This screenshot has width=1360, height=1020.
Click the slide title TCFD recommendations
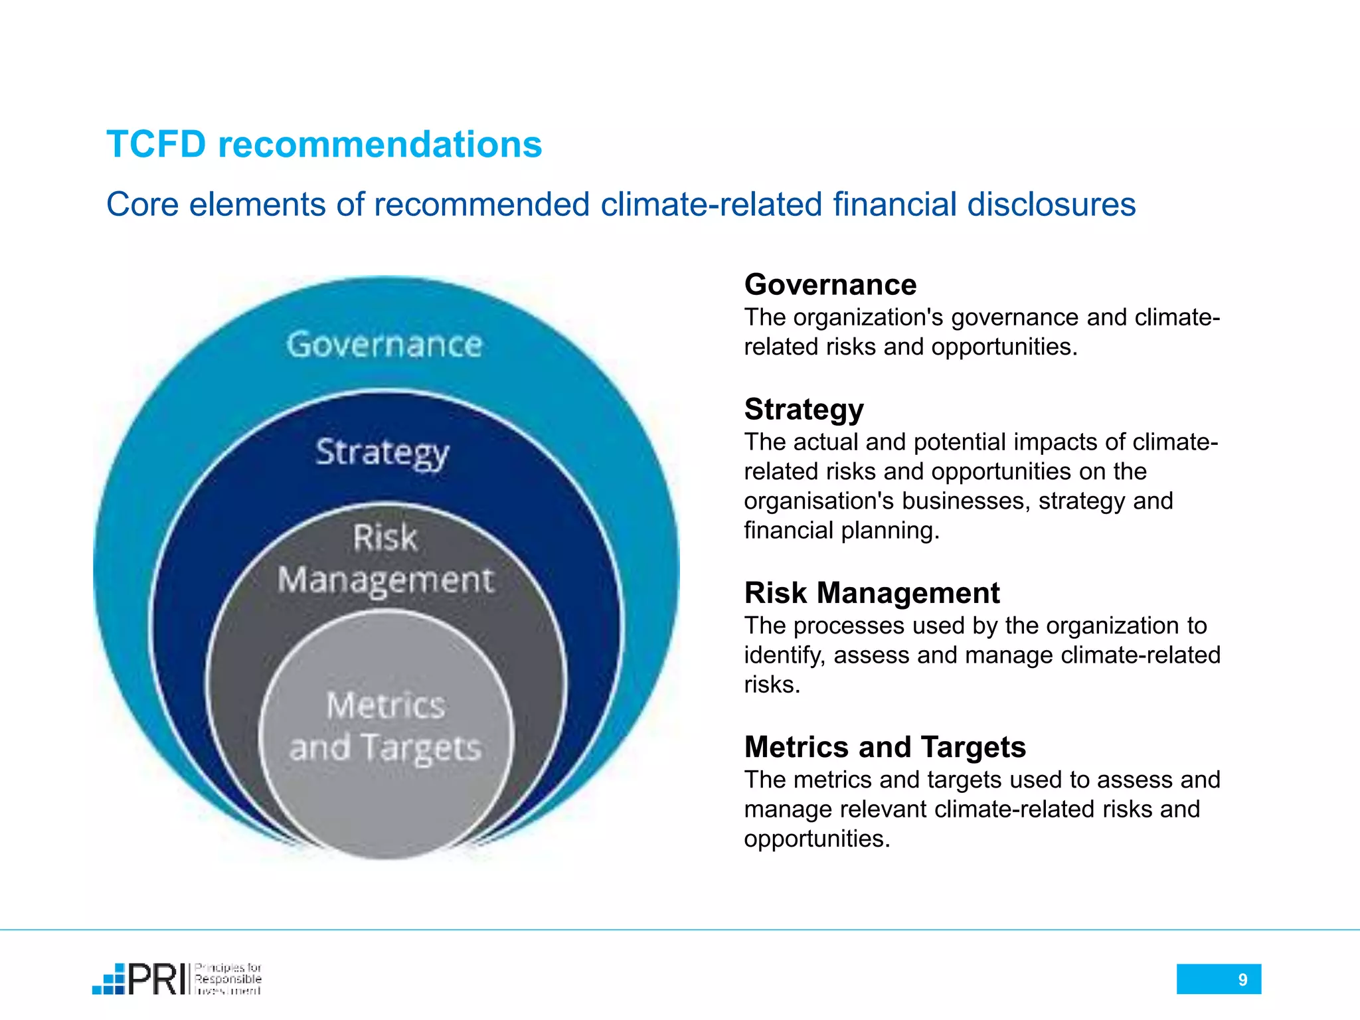pyautogui.click(x=324, y=144)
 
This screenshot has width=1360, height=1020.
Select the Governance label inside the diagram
pyautogui.click(x=384, y=345)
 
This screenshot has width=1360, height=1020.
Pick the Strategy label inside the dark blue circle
pyautogui.click(x=382, y=454)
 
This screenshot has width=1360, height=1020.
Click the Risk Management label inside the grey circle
pyautogui.click(x=386, y=559)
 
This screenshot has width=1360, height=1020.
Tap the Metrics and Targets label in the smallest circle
pyautogui.click(x=385, y=726)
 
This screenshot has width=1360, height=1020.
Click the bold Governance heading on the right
pyautogui.click(x=830, y=285)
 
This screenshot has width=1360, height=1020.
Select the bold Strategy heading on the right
pyautogui.click(x=804, y=410)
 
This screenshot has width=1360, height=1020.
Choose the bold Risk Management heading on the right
pyautogui.click(x=871, y=593)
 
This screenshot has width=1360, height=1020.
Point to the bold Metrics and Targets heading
pyautogui.click(x=885, y=747)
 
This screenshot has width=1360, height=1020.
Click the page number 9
pyautogui.click(x=1242, y=979)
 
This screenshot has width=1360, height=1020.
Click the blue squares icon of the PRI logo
pyautogui.click(x=109, y=980)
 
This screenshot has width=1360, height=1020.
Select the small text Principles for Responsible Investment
pyautogui.click(x=228, y=979)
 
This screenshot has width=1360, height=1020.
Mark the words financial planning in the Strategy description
pyautogui.click(x=841, y=531)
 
